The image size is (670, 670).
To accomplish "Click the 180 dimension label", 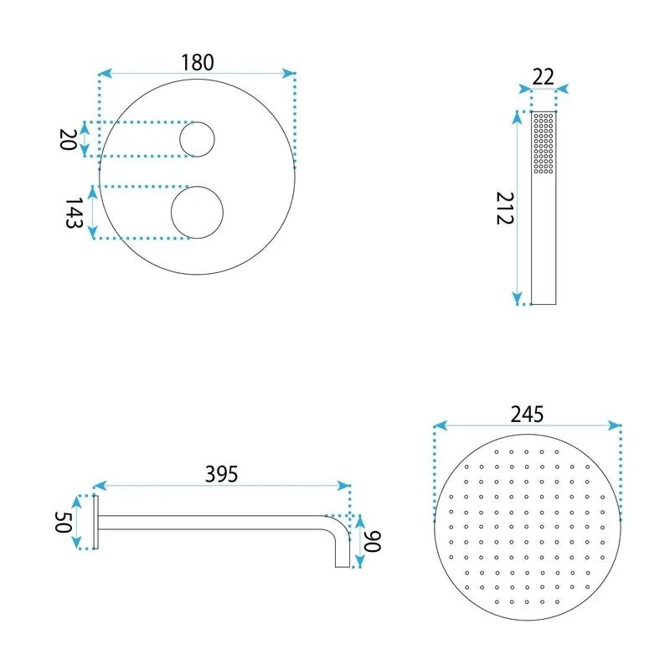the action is [198, 62].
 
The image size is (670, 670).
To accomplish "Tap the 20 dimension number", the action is [68, 139].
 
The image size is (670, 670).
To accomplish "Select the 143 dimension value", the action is [74, 213].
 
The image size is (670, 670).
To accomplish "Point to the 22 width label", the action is [543, 77].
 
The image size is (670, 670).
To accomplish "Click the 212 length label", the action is [505, 208].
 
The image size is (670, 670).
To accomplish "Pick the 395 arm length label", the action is [221, 474].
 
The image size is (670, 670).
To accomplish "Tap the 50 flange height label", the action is [63, 522].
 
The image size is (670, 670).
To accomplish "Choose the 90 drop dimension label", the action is [372, 541].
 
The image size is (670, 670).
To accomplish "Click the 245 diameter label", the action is [528, 414].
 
